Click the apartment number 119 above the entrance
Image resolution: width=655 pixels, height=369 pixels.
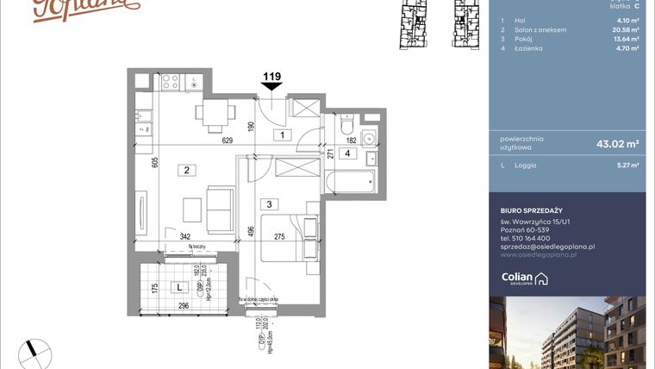click(x=271, y=77)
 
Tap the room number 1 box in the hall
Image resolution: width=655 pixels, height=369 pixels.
click(x=281, y=134)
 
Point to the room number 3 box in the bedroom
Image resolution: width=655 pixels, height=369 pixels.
click(x=270, y=204)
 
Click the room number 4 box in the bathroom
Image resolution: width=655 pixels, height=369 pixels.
click(x=347, y=154)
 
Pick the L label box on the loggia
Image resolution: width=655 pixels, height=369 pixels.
click(x=178, y=286)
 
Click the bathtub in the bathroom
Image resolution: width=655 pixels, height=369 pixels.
click(x=350, y=181)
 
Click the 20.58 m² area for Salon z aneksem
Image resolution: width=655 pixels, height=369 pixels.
click(x=625, y=29)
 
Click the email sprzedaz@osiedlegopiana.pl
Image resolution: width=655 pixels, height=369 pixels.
click(x=548, y=247)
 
